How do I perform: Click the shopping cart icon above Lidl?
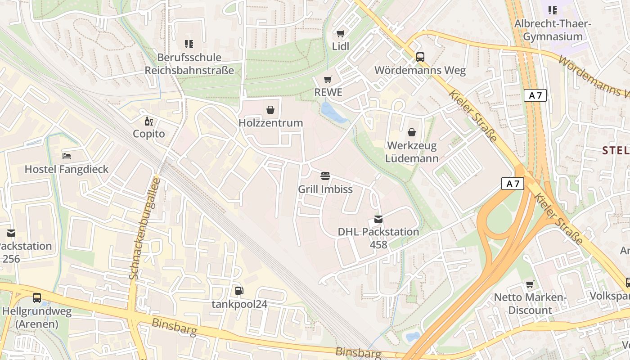(x=340, y=34)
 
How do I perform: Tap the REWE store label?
(x=328, y=92)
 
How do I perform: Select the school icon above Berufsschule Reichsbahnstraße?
(x=189, y=44)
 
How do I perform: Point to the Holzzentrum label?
(x=270, y=123)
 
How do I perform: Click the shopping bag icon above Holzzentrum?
(x=270, y=110)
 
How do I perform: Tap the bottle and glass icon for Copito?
(x=148, y=121)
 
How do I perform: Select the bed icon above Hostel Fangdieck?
(x=67, y=156)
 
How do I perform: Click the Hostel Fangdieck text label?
(x=67, y=169)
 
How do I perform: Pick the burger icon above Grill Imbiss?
(x=325, y=176)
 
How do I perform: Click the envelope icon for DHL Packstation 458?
(x=378, y=219)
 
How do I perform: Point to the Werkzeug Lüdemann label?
(x=412, y=152)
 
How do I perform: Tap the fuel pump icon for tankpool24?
(x=239, y=291)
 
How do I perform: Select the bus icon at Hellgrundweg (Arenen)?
(x=37, y=298)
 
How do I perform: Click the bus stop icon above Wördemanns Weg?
(x=420, y=57)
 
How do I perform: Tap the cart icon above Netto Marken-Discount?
(x=530, y=284)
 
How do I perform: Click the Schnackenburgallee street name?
(x=144, y=229)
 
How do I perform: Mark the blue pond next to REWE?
(x=333, y=114)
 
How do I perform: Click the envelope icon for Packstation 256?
(x=11, y=233)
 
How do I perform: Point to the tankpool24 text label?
(x=239, y=304)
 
